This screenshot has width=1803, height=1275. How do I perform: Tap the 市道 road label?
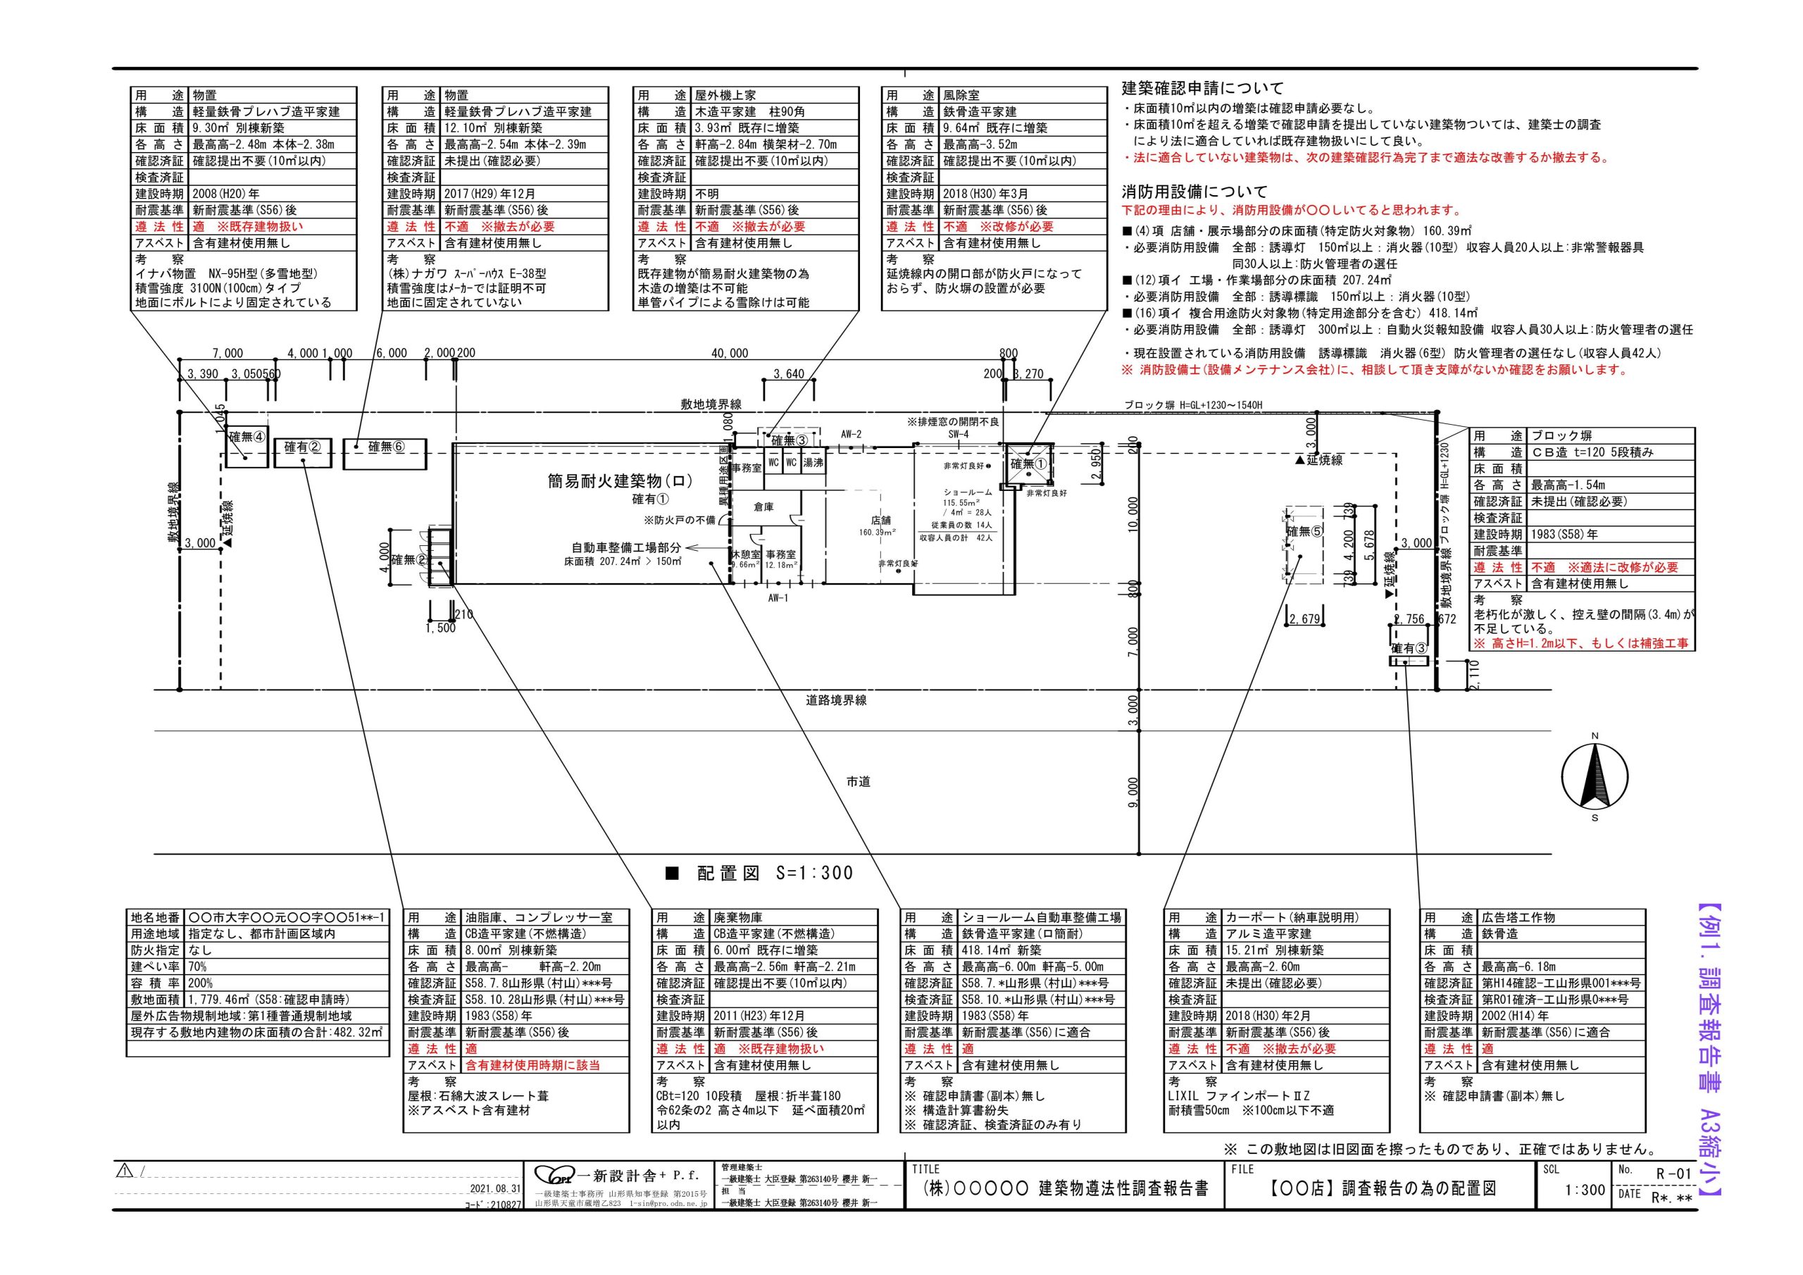point(858,782)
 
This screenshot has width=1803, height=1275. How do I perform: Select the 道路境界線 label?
point(836,700)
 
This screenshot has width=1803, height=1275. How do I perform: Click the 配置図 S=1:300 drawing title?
point(759,873)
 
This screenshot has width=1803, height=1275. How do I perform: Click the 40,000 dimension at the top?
point(730,354)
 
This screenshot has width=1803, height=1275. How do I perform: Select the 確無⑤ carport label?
point(1304,532)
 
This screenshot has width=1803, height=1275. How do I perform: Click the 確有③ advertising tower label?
point(1409,648)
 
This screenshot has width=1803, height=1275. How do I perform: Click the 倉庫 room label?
point(763,506)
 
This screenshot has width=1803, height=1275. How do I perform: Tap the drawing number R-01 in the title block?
point(1673,1174)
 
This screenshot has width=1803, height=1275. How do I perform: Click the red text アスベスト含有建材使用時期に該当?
point(532,1065)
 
